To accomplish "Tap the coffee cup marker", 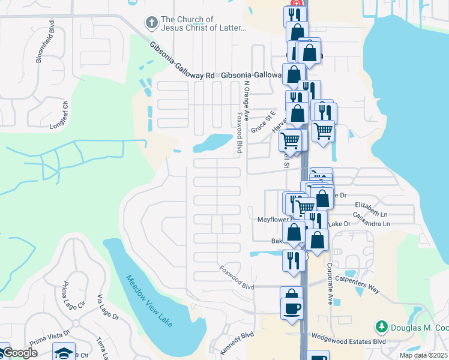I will (x=292, y=308).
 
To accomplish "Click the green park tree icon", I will (x=381, y=327).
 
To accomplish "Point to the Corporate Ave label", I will (x=331, y=279).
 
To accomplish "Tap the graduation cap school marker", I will (x=64, y=352).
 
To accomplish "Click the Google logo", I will (x=20, y=353).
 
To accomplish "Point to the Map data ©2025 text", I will (x=423, y=355).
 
